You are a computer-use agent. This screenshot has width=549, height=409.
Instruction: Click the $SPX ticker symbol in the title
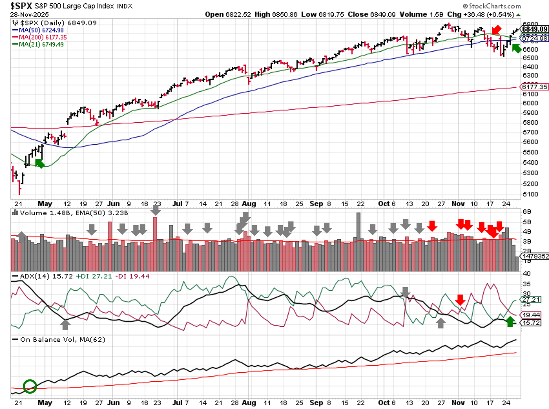point(21,6)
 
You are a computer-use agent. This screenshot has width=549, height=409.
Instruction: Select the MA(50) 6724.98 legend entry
point(41,30)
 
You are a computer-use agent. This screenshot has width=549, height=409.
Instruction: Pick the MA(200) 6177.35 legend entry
point(43,37)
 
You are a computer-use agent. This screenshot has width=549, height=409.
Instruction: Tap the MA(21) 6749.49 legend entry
point(41,44)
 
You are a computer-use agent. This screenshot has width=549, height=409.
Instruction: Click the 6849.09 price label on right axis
point(535,29)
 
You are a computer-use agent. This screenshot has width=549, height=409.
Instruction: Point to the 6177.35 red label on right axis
point(535,87)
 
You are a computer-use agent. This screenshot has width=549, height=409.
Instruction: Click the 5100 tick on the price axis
point(530,194)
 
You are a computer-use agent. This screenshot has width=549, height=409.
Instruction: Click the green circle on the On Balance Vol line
point(30,386)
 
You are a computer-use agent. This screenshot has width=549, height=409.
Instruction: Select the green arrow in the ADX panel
point(511,321)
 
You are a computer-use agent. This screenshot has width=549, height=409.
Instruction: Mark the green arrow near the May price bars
point(40,164)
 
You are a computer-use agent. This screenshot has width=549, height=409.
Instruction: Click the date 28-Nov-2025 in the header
point(29,14)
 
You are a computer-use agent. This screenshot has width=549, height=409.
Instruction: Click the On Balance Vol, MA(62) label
point(62,340)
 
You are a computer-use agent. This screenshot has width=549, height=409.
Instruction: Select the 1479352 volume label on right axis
point(536,256)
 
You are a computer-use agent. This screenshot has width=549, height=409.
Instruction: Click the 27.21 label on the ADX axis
point(531,300)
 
